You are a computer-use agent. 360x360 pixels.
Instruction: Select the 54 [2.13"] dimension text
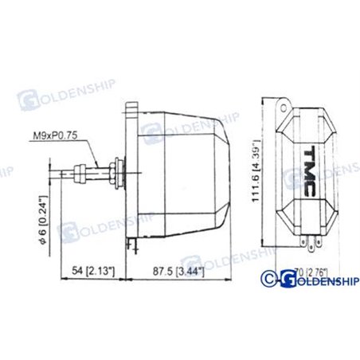92,272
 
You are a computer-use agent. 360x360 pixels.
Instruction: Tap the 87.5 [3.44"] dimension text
177,272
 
